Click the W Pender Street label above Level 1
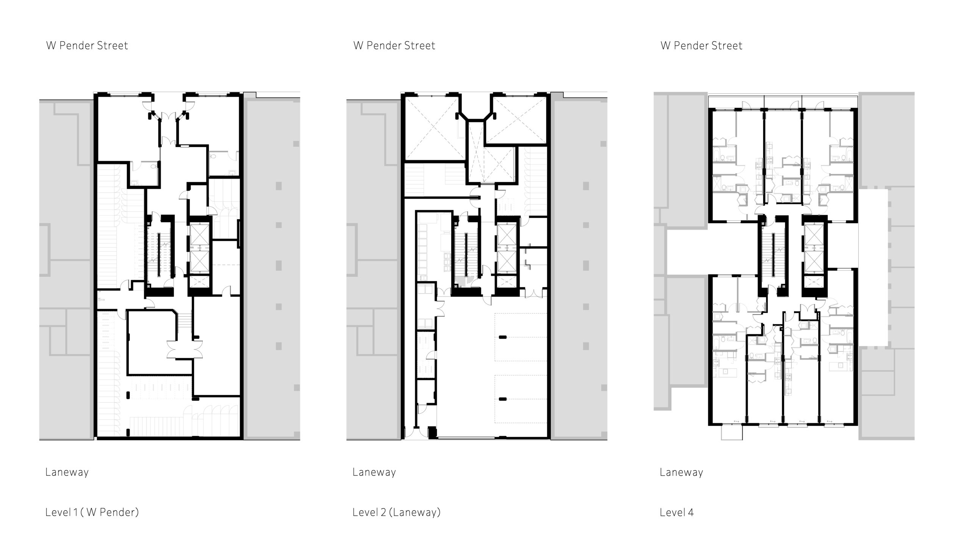click(x=87, y=46)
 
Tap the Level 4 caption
click(x=677, y=513)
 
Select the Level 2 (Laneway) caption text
click(x=397, y=513)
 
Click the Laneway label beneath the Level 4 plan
click(x=681, y=472)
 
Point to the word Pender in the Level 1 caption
click(x=112, y=513)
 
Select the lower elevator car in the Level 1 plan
click(x=199, y=260)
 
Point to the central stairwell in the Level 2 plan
click(x=466, y=256)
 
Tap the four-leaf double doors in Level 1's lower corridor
click(x=186, y=348)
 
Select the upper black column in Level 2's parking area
click(x=503, y=337)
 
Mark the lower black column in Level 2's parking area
click(x=503, y=399)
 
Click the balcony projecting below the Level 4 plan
click(x=732, y=432)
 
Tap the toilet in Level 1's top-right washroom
click(x=213, y=155)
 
